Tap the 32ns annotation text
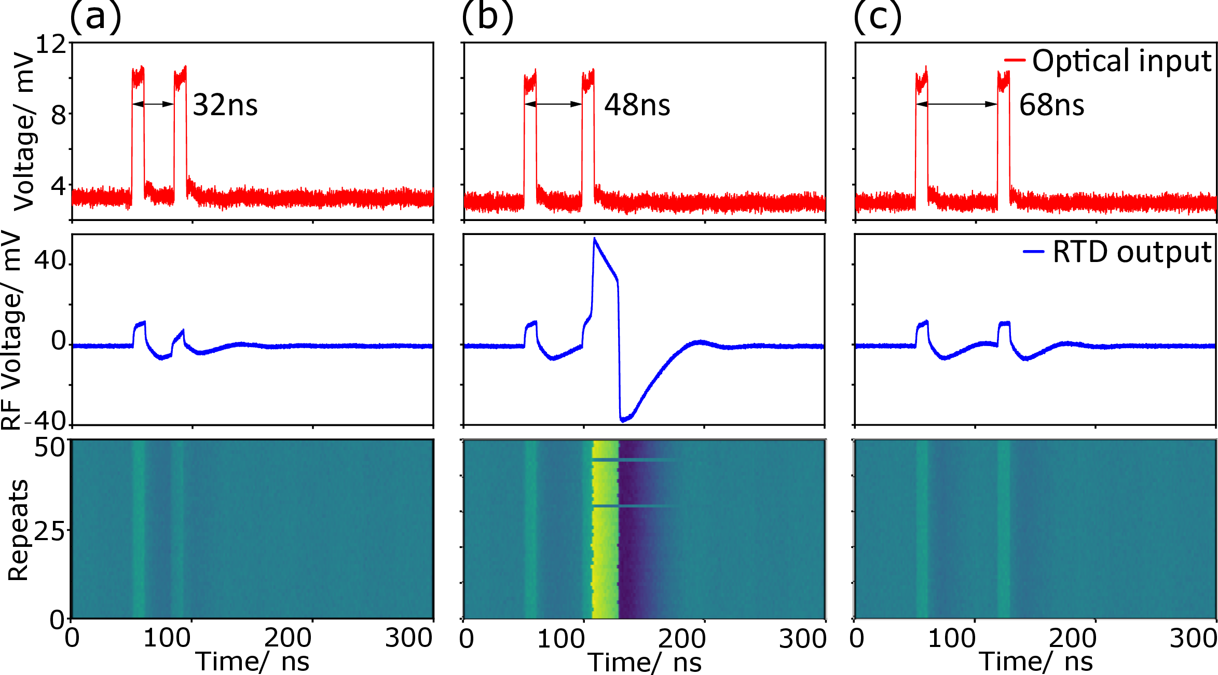pos(225,105)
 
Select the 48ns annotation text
pos(637,105)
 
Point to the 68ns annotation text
pos(1051,105)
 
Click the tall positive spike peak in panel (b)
pos(595,239)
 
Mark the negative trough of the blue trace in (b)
pos(623,420)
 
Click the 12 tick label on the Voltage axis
pos(51,45)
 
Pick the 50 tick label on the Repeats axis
pos(50,447)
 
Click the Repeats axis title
pos(19,529)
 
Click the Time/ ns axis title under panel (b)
pos(645,663)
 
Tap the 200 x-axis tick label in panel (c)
pos(1073,638)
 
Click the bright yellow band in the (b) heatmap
pos(606,529)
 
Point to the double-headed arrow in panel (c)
pos(956,104)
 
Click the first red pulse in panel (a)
pos(138,130)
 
